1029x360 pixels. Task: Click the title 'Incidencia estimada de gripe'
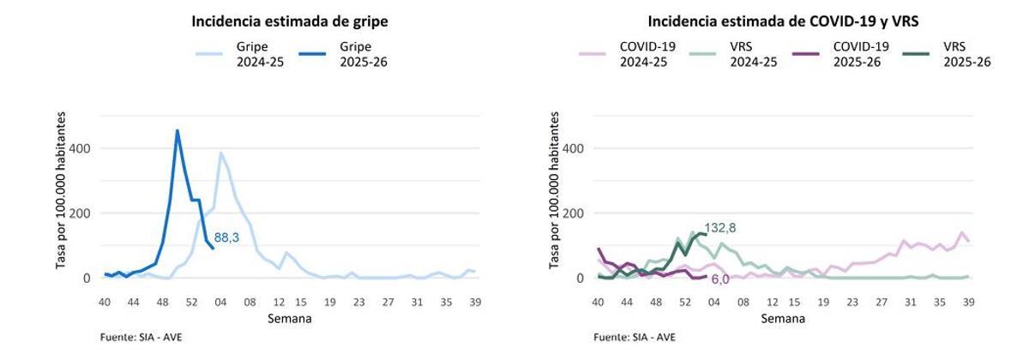pos(284,21)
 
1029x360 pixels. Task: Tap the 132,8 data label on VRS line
pos(720,228)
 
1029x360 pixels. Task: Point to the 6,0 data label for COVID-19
pos(719,279)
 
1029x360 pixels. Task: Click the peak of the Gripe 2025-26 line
pos(177,131)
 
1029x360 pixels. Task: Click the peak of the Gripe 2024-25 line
pos(220,153)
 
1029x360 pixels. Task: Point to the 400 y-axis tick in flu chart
pos(80,148)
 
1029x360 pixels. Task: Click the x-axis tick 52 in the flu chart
pos(191,302)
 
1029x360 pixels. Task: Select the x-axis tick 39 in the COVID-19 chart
pos(969,302)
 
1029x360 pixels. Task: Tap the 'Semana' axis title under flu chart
pos(288,319)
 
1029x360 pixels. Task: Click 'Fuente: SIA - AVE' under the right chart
pos(635,337)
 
